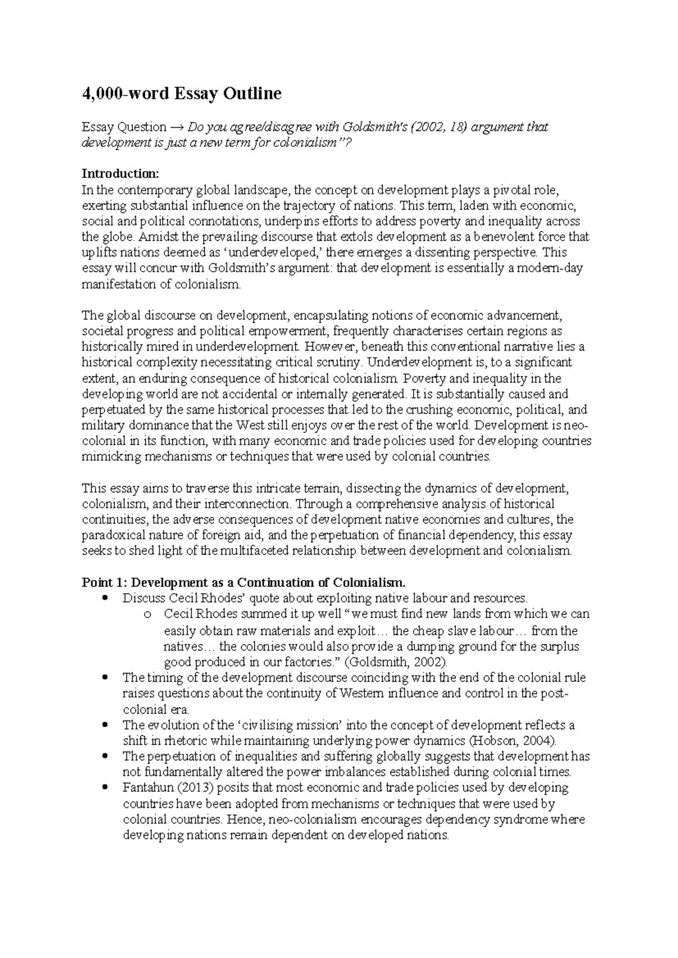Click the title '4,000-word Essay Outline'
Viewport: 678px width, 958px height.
(181, 93)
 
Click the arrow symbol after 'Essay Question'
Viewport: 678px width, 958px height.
(177, 127)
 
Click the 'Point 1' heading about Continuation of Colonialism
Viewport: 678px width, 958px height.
(244, 582)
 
